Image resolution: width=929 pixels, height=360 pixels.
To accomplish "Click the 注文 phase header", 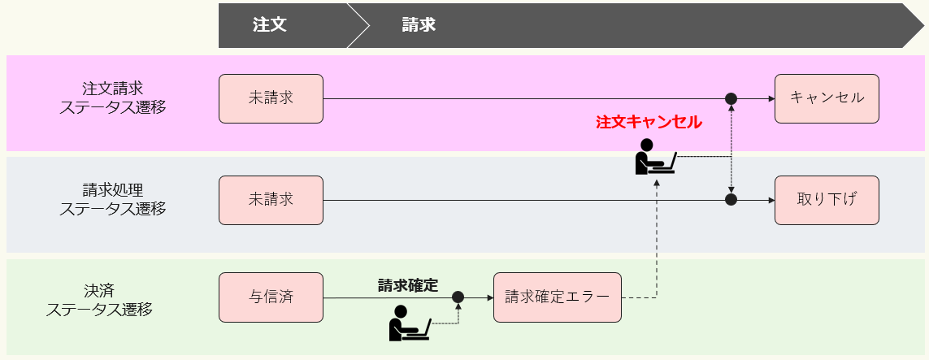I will (x=269, y=25).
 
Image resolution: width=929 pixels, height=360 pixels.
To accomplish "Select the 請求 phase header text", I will (x=419, y=25).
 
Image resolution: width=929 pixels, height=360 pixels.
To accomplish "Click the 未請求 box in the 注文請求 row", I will (x=271, y=98).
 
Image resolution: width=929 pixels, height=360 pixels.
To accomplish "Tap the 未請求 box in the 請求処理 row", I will (x=271, y=200).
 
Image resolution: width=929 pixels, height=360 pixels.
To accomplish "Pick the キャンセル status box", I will (x=827, y=98).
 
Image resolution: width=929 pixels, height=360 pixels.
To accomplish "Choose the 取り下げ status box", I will (x=827, y=200).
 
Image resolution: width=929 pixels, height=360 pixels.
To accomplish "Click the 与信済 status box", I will (x=271, y=297).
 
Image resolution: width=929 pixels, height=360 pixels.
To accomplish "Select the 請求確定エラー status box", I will (x=557, y=297).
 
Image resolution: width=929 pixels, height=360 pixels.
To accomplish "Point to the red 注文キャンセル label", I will (x=649, y=123).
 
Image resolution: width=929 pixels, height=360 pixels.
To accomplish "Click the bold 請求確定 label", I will (x=408, y=285).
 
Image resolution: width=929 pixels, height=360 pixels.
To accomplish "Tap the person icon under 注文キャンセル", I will (x=654, y=158).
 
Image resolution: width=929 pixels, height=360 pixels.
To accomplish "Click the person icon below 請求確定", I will (x=409, y=323).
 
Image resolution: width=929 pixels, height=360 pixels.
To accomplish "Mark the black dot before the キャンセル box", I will (x=731, y=98).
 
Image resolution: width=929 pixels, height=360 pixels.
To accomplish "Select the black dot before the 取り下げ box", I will (x=731, y=199).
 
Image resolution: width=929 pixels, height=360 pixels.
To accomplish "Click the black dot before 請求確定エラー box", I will (x=458, y=297).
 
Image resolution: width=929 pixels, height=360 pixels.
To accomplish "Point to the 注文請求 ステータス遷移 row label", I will (x=113, y=98).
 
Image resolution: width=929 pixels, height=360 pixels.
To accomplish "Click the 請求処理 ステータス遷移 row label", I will (x=113, y=199).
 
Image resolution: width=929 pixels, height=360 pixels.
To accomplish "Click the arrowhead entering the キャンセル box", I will (x=770, y=98).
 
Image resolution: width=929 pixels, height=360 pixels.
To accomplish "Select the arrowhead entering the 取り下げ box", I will (x=770, y=200).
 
